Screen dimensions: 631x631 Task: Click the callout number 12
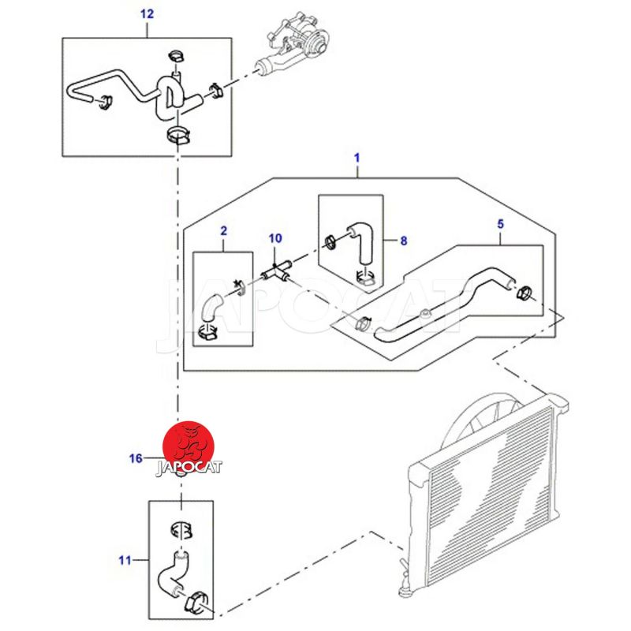coord(147,13)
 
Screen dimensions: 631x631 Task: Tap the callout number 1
coord(357,159)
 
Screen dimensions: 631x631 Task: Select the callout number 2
coord(223,231)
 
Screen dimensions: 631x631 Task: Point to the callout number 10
coord(275,237)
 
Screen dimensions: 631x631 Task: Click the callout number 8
coord(403,241)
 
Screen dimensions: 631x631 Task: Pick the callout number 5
coord(500,224)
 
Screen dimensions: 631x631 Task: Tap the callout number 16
coord(136,457)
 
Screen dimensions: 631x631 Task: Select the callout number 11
coord(125,561)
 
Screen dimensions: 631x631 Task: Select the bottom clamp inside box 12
coord(179,135)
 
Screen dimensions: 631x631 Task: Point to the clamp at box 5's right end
coord(524,296)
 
